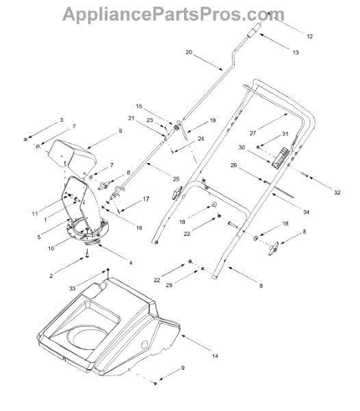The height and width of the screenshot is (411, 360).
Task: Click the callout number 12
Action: click(310, 36)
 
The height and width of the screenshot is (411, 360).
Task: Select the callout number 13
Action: click(296, 53)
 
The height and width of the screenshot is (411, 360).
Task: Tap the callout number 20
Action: click(189, 52)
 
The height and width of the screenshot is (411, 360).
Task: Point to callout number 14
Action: click(215, 356)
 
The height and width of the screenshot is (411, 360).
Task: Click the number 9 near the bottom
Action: click(183, 368)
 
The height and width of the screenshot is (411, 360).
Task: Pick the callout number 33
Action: click(73, 288)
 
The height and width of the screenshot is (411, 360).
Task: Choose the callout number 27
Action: click(253, 133)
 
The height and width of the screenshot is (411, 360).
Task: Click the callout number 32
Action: click(337, 192)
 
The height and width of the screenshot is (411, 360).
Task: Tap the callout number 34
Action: click(307, 212)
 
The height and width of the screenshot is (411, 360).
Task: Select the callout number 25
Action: click(176, 179)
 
